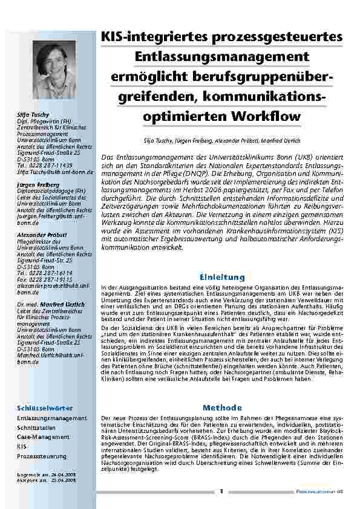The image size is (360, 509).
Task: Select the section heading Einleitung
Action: [x=222, y=277]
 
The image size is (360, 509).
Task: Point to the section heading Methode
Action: [x=222, y=407]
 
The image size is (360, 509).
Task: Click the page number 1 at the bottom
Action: [x=221, y=490]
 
